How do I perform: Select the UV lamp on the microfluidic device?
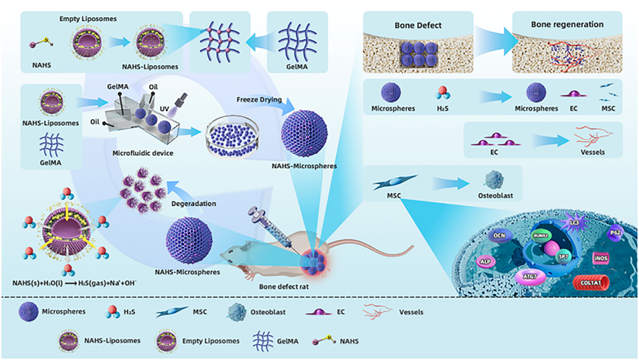tap(179, 102)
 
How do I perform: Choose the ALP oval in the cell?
tap(486, 262)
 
